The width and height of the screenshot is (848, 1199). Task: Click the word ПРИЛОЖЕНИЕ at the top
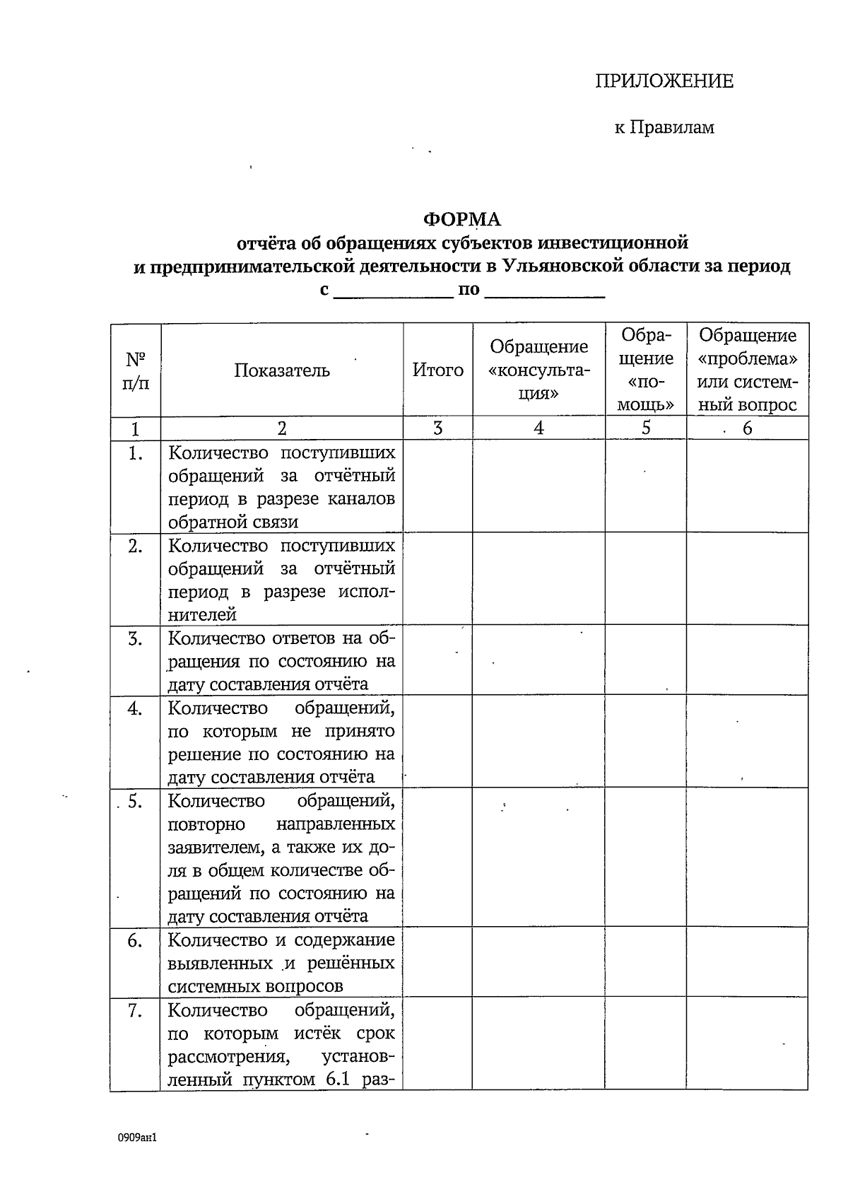coord(664,81)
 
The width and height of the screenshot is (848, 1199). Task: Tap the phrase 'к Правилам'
coord(664,128)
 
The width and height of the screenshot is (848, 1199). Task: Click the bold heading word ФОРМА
coord(461,220)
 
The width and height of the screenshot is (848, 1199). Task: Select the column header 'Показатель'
coord(282,370)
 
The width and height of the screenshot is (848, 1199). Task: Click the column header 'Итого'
coord(437,370)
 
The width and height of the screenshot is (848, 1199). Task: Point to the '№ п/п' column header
coord(135,370)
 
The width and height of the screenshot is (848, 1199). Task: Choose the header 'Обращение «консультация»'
coord(538,370)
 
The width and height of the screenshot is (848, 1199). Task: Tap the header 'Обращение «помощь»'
coord(645,370)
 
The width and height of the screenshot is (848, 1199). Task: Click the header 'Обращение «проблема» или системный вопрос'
coord(747,370)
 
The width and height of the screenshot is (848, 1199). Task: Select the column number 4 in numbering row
coord(538,428)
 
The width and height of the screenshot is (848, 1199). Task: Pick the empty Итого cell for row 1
coord(437,486)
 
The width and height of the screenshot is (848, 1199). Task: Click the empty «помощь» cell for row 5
coord(645,857)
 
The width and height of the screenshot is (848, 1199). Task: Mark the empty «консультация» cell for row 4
coord(538,741)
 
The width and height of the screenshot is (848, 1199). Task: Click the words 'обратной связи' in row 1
coord(233,522)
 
